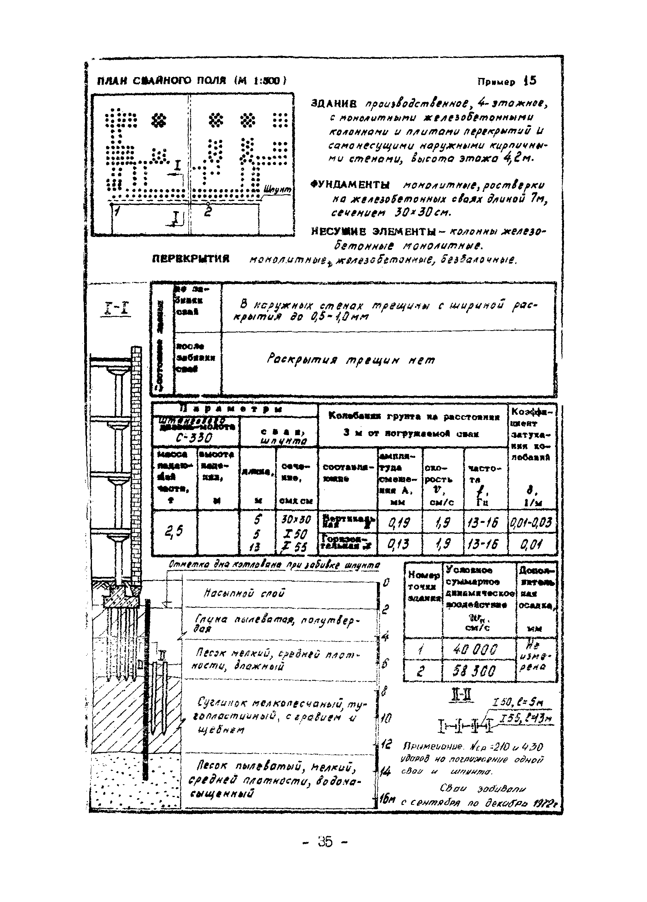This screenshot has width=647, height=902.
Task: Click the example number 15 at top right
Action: (x=530, y=81)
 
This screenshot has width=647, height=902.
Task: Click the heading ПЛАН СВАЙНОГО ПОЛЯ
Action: (x=161, y=81)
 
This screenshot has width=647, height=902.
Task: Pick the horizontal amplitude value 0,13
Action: (x=398, y=544)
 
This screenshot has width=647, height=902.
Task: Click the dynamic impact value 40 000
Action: (x=475, y=650)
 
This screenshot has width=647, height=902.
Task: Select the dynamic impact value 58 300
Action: (x=475, y=672)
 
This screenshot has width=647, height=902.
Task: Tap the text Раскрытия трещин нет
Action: (x=351, y=360)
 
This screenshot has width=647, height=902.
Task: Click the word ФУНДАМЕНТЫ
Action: (x=351, y=185)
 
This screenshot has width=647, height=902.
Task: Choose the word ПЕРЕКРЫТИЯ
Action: (x=191, y=259)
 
